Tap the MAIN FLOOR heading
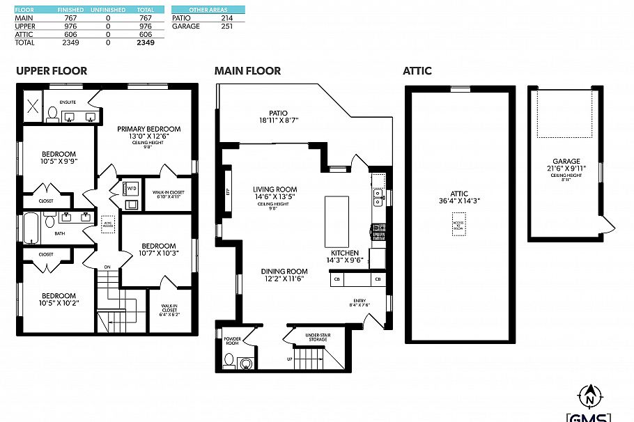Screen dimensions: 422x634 pyautogui.click(x=247, y=70)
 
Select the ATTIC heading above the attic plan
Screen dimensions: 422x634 pyautogui.click(x=417, y=70)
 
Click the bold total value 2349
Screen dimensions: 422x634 pyautogui.click(x=146, y=42)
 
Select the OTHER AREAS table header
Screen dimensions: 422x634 pyautogui.click(x=208, y=10)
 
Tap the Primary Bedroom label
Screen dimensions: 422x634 pyautogui.click(x=148, y=129)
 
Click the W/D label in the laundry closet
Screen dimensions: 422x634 pyautogui.click(x=132, y=188)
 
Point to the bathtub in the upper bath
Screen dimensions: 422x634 pyautogui.click(x=32, y=227)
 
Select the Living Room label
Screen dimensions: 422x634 pyautogui.click(x=275, y=189)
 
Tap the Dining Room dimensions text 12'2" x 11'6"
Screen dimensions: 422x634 pyautogui.click(x=284, y=279)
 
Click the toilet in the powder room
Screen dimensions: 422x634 pyautogui.click(x=230, y=360)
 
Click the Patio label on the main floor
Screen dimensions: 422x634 pyautogui.click(x=279, y=113)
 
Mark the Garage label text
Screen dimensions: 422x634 pyautogui.click(x=566, y=161)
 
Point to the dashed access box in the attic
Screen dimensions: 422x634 pyautogui.click(x=458, y=224)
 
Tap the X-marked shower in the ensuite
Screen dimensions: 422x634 pyautogui.click(x=32, y=106)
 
